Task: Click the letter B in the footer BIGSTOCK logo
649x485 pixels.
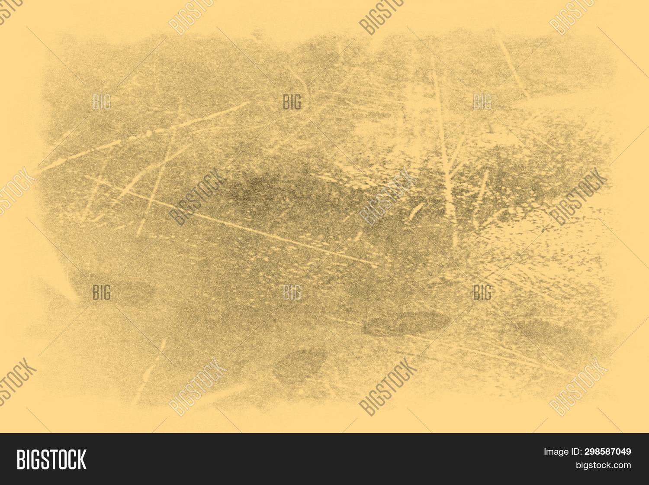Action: (x=21, y=459)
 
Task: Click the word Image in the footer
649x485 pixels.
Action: (x=556, y=452)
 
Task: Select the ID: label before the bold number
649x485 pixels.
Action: (x=576, y=452)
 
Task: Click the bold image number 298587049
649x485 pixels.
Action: (x=607, y=452)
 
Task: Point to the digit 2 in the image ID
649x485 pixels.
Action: (x=587, y=452)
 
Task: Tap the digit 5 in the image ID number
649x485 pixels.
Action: (x=602, y=452)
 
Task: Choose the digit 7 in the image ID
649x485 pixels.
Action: (x=613, y=452)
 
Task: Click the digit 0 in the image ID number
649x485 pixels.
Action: (x=618, y=452)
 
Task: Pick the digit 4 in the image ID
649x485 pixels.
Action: (x=623, y=452)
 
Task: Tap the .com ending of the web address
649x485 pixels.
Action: (x=622, y=466)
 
